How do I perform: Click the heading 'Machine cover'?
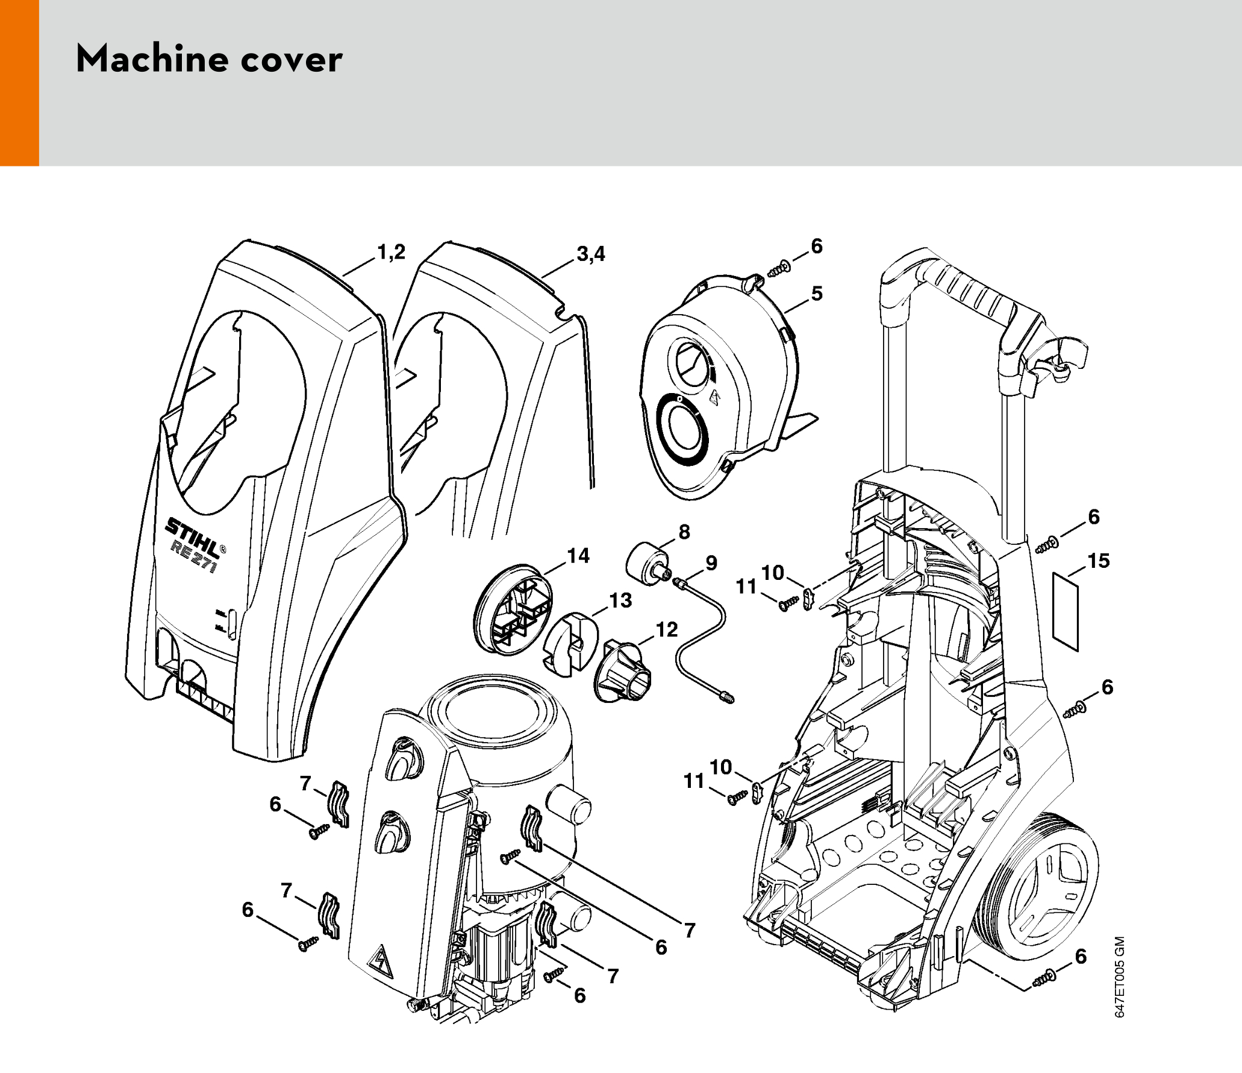[x=209, y=59]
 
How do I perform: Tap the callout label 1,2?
[x=392, y=253]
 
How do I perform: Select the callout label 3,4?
[x=591, y=254]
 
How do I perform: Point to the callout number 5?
[x=816, y=294]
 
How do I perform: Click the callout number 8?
[x=684, y=532]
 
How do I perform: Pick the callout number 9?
[x=711, y=563]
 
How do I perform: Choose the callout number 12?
[x=667, y=629]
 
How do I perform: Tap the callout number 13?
[x=620, y=600]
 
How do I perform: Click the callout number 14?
[x=578, y=556]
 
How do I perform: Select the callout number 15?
[x=1098, y=561]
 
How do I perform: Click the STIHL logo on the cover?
[x=193, y=537]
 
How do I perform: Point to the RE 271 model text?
[x=193, y=556]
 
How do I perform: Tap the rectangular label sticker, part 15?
[x=1065, y=611]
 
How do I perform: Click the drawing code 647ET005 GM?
[x=1120, y=977]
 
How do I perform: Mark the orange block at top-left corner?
[x=19, y=83]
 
